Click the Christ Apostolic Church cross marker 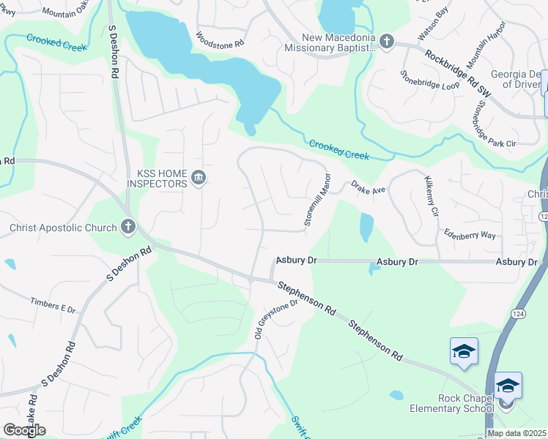128,227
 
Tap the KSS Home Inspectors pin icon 199,178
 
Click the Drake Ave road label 368,188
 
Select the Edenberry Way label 470,234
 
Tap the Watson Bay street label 432,25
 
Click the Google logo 24,430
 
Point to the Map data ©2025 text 516,433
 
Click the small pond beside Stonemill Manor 366,227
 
